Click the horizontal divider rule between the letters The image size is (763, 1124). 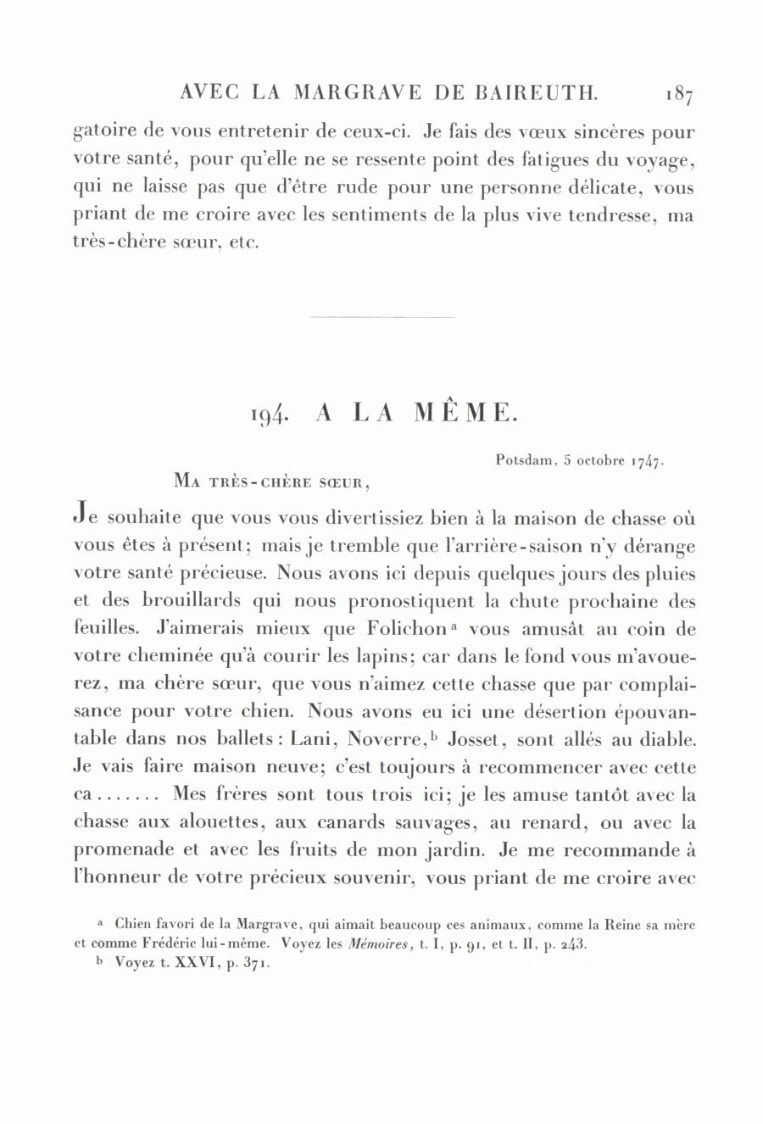(x=382, y=317)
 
